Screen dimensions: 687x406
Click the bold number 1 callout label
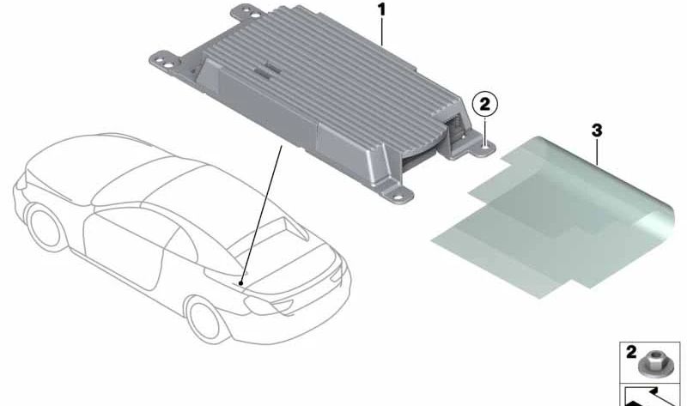pyautogui.click(x=381, y=9)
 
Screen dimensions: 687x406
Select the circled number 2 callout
pyautogui.click(x=484, y=105)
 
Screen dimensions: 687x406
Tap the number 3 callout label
pyautogui.click(x=597, y=130)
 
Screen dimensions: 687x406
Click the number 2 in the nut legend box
pyautogui.click(x=631, y=353)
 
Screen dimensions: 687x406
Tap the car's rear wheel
pyautogui.click(x=205, y=319)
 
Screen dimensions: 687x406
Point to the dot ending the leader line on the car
pyautogui.click(x=240, y=284)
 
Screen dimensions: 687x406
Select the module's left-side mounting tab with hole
pyautogui.click(x=166, y=61)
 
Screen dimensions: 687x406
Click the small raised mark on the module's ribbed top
pyautogui.click(x=263, y=71)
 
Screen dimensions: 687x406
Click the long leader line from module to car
pyautogui.click(x=261, y=215)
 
